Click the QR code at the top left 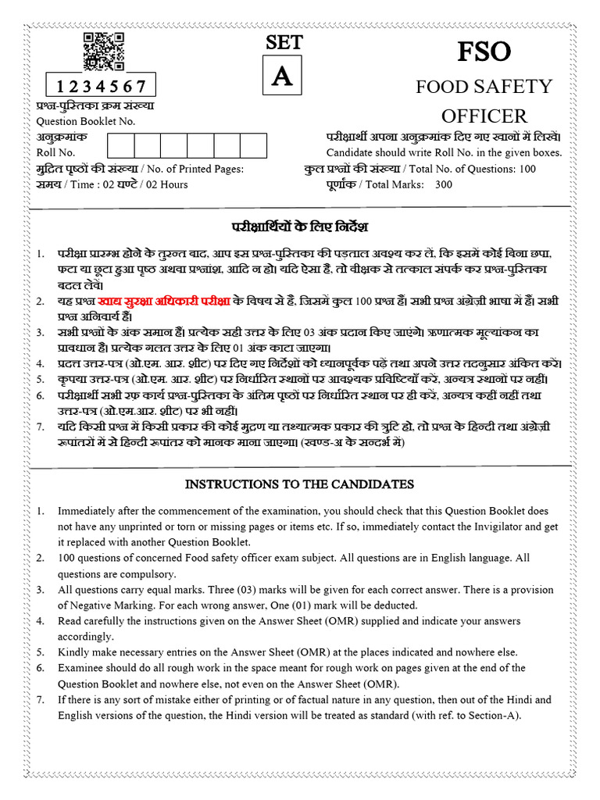coord(104,52)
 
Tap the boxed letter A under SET coord(284,77)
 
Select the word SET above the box coord(284,44)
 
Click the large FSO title coord(484,52)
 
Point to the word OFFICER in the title coord(484,116)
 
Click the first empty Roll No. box coord(121,146)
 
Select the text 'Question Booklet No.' coord(86,121)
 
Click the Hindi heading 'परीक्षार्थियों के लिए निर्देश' coord(299,227)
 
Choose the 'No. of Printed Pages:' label coord(195,169)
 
